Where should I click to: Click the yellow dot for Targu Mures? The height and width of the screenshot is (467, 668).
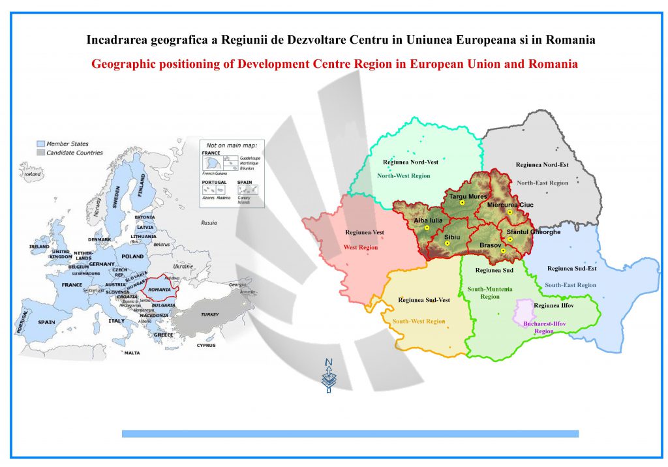click(462, 203)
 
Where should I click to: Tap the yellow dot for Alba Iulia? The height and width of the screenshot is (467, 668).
click(427, 228)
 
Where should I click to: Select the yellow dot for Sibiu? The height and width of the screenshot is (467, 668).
click(447, 243)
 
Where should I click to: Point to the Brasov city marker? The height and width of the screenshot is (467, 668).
click(503, 250)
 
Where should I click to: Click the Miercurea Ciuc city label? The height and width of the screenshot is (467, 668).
click(510, 205)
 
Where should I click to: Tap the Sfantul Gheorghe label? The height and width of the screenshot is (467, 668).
click(533, 232)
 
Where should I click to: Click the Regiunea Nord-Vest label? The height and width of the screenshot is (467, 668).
click(410, 162)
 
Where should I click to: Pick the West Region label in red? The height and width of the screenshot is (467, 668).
click(361, 247)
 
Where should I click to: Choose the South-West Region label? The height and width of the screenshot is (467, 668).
click(418, 322)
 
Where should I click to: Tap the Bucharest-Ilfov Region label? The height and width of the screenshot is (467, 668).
click(534, 327)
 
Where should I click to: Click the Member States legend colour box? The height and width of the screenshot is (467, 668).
click(40, 143)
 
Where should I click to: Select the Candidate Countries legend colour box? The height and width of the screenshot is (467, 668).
click(40, 153)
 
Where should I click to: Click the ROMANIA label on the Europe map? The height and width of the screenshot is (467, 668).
click(159, 289)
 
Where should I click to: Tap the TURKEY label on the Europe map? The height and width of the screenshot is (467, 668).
click(209, 314)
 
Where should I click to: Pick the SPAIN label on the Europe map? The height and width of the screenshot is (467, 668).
click(46, 322)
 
